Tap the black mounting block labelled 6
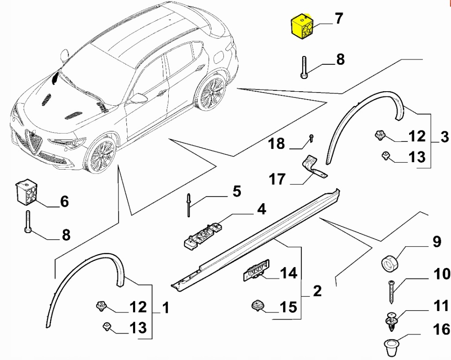tap(26, 192)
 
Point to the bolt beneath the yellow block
tap(304, 67)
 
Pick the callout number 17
tap(277, 180)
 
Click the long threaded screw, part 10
tap(391, 291)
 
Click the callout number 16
tap(441, 329)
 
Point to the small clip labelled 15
tap(257, 305)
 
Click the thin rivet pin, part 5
tap(188, 204)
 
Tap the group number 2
tap(316, 291)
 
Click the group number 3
tap(444, 137)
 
